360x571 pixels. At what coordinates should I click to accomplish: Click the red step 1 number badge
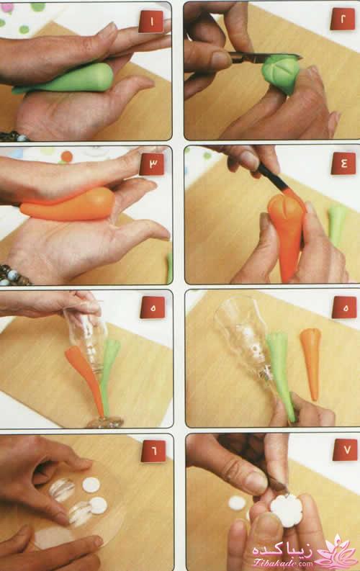[x=151, y=22]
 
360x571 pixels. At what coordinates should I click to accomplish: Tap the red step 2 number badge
[x=343, y=19]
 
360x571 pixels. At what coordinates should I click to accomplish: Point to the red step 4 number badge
[x=343, y=163]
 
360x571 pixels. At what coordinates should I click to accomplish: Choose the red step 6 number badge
[x=153, y=451]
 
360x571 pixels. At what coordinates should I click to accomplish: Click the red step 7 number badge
[x=345, y=450]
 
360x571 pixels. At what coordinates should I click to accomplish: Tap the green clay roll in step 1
[x=66, y=79]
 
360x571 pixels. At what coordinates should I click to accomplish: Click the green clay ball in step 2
[x=281, y=73]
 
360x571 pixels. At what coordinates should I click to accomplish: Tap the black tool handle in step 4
[x=271, y=176]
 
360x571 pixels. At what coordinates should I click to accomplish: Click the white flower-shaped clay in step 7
[x=287, y=510]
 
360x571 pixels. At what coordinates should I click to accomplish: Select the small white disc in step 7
[x=238, y=503]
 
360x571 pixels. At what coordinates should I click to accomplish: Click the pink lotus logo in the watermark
[x=335, y=551]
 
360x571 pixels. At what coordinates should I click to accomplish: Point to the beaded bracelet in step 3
[x=14, y=275]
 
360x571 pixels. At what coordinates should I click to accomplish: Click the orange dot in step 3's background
[x=67, y=156]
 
